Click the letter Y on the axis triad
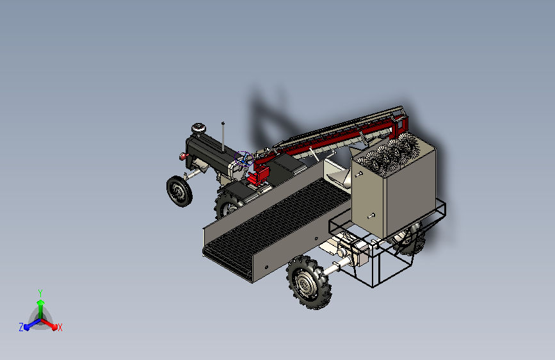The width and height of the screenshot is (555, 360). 40,293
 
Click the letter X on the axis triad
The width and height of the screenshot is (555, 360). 60,327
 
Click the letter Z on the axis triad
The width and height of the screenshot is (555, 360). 21,327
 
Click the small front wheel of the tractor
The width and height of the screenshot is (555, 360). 179,192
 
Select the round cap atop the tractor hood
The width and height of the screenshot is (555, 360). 198,128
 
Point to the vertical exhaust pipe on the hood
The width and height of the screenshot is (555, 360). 223,137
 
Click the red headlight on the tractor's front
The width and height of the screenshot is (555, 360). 182,156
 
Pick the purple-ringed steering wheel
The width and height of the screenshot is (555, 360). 243,158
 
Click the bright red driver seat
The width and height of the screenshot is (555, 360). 259,176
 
